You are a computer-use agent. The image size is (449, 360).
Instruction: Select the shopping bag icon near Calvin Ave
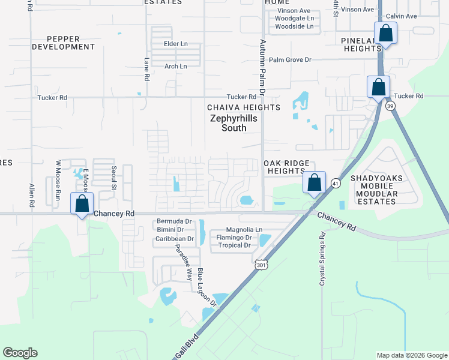385,32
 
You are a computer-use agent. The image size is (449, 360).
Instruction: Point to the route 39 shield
390,106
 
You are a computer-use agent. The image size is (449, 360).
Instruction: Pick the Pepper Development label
63,42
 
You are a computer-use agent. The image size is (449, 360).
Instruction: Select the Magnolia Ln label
244,230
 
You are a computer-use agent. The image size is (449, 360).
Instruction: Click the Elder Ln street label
176,44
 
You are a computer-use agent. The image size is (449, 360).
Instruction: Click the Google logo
20,353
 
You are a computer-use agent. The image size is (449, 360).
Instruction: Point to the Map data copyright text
411,355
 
